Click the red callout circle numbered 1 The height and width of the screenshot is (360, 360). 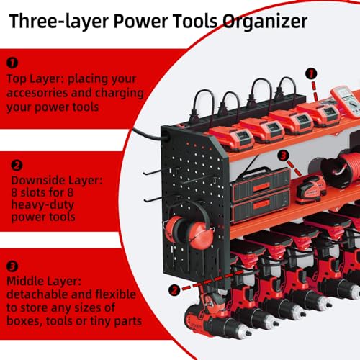click(x=311, y=73)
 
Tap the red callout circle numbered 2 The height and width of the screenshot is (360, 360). click(x=172, y=289)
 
